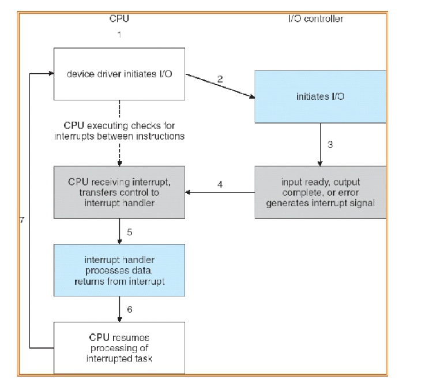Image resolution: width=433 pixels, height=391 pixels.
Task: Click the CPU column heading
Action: tap(119, 18)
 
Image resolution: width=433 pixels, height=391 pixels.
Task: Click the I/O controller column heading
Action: tap(315, 18)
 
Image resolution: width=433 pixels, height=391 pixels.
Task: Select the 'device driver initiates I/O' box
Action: tap(119, 74)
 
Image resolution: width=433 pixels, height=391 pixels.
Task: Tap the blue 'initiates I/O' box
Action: tap(320, 96)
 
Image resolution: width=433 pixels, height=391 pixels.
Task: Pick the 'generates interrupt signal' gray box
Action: tap(320, 192)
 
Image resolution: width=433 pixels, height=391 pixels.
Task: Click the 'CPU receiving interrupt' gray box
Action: tap(119, 192)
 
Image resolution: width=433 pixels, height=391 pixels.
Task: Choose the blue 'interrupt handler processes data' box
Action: tap(119, 270)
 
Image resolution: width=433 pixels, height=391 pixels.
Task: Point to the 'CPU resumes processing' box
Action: tap(119, 347)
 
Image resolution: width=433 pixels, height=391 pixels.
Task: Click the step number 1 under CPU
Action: tap(119, 35)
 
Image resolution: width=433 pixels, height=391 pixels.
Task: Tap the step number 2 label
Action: tap(220, 79)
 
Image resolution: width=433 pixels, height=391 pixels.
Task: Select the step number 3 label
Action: tap(330, 145)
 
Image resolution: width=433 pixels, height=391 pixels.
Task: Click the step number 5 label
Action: tap(130, 232)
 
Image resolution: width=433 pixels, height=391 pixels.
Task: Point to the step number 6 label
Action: tap(130, 310)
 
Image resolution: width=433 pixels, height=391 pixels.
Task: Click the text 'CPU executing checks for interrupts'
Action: tap(119, 130)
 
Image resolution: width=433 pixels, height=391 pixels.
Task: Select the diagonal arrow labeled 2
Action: tap(220, 87)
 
